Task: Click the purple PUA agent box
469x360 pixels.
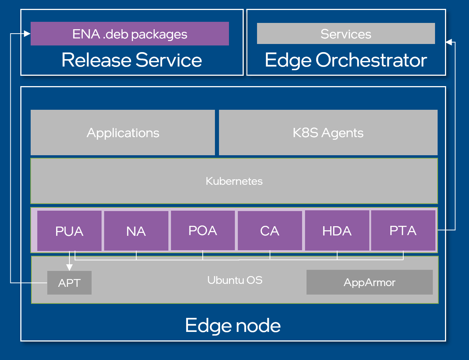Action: [x=69, y=231]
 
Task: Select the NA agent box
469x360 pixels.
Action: [x=136, y=231]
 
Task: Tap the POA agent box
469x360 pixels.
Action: [x=203, y=231]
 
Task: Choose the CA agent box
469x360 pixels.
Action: [x=270, y=231]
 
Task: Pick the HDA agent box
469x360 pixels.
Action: [x=337, y=231]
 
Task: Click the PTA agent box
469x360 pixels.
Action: [x=403, y=231]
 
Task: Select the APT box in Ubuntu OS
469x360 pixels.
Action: [x=69, y=283]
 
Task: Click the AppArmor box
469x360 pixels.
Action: [x=369, y=282]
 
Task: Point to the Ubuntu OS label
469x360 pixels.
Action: [x=235, y=280]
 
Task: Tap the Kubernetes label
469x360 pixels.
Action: [x=234, y=181]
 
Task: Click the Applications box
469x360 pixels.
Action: [x=123, y=133]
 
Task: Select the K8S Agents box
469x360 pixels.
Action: [x=328, y=133]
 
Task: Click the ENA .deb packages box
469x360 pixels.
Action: [x=130, y=34]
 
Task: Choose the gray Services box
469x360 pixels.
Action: [x=346, y=34]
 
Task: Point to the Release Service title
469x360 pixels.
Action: [x=131, y=60]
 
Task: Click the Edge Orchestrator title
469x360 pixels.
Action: [x=346, y=60]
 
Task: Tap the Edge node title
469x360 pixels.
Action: [x=233, y=325]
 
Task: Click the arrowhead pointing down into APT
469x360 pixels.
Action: [x=69, y=267]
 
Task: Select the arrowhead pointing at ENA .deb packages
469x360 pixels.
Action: [x=27, y=34]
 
